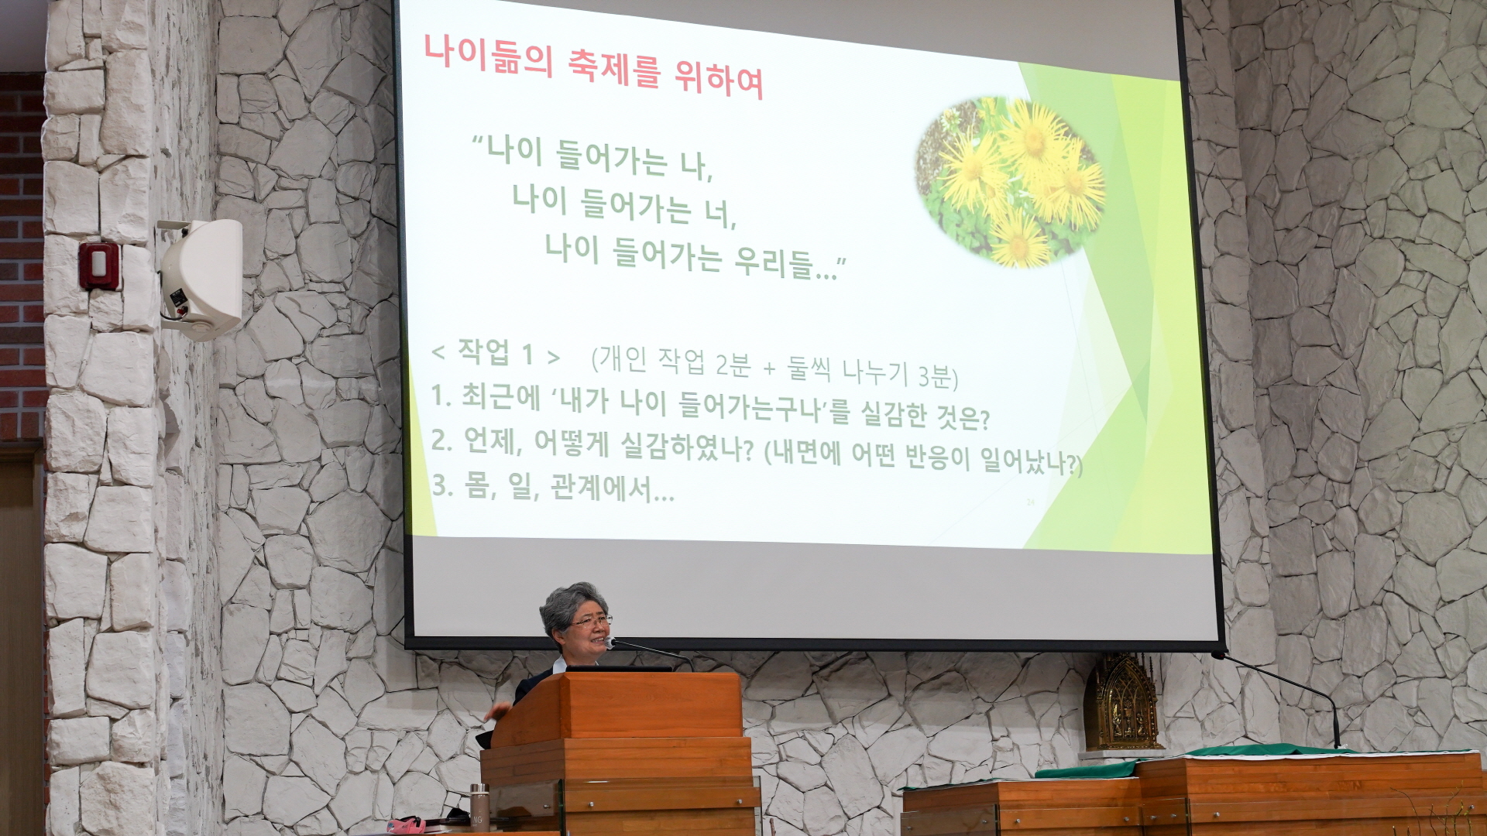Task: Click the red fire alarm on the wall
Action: [99, 266]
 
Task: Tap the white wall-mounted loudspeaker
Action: [201, 279]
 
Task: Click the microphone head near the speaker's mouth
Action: [611, 642]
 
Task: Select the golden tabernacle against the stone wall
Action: [1121, 703]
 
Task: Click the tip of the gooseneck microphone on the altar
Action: [1216, 656]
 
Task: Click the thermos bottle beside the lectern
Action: [479, 807]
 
